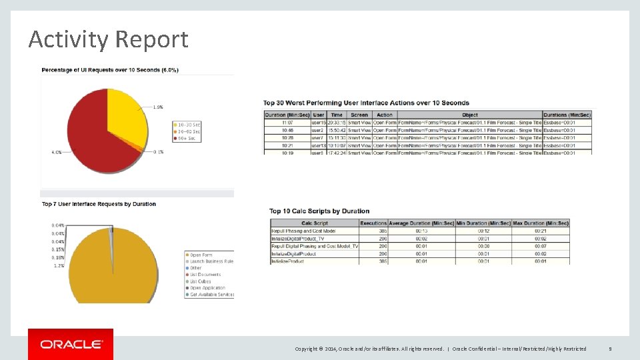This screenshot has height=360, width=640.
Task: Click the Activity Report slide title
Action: pyautogui.click(x=108, y=40)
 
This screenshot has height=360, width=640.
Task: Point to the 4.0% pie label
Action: pyautogui.click(x=57, y=152)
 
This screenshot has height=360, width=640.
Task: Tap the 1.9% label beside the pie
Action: pyautogui.click(x=158, y=107)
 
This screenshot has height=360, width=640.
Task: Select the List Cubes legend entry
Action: pyautogui.click(x=199, y=281)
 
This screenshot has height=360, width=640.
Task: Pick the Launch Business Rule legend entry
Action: pyautogui.click(x=211, y=261)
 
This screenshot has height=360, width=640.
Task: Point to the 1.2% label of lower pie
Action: pyautogui.click(x=58, y=265)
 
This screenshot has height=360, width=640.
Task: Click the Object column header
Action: pyautogui.click(x=469, y=115)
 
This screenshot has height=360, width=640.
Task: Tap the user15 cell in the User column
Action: pyautogui.click(x=319, y=123)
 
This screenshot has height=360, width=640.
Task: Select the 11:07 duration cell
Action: pyautogui.click(x=287, y=123)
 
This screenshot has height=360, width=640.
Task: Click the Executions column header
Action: pyautogui.click(x=373, y=223)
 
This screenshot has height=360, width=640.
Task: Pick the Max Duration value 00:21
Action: pyautogui.click(x=540, y=231)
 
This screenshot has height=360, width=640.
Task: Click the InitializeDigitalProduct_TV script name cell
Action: pyautogui.click(x=298, y=238)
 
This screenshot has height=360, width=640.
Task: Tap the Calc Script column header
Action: pyautogui.click(x=314, y=223)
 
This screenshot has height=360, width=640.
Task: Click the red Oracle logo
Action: pyautogui.click(x=71, y=344)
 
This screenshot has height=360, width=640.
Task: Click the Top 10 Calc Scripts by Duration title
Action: pyautogui.click(x=319, y=211)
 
